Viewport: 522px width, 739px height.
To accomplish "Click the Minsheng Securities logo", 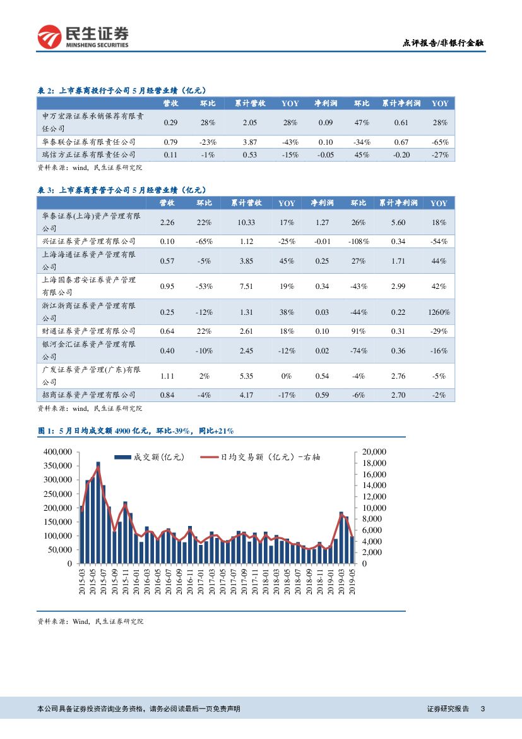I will point(83,37).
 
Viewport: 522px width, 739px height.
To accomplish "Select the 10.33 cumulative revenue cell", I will point(246,223).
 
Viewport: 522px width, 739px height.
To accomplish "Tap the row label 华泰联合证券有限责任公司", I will point(88,142).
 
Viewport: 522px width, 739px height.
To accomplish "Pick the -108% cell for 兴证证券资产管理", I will point(359,241).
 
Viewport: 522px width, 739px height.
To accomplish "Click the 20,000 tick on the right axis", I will point(376,451).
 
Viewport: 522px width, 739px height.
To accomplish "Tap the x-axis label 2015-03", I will point(83,582).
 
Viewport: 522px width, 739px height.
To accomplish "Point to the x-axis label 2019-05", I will point(352,582).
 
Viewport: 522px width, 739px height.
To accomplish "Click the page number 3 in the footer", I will point(483,709).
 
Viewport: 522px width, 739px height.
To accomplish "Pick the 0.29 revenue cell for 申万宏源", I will point(170,122).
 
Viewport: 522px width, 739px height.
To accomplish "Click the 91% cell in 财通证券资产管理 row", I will point(359,331).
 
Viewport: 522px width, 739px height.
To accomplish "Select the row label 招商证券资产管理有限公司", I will point(88,395).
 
